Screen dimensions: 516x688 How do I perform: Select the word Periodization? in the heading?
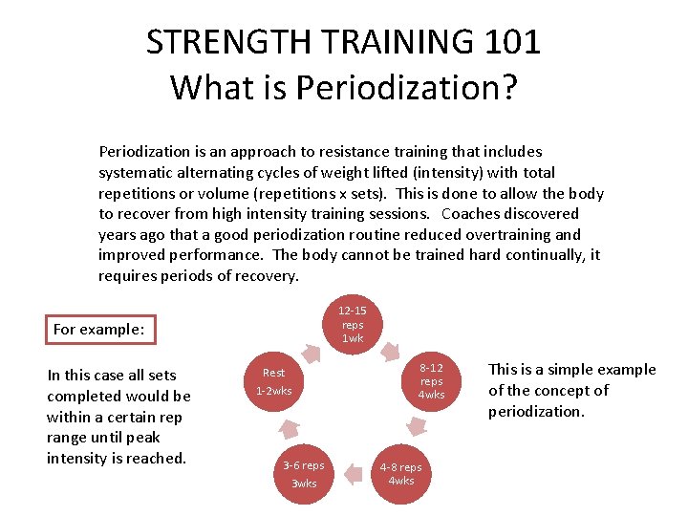tap(407, 88)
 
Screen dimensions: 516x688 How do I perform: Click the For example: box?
tap(99, 329)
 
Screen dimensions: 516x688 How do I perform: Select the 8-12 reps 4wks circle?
tap(432, 381)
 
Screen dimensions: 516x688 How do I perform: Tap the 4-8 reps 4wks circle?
tap(400, 473)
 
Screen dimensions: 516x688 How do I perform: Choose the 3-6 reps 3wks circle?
tap(304, 473)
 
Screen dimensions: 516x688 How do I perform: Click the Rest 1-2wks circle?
tap(274, 381)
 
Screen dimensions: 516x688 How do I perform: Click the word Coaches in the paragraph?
tap(468, 213)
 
